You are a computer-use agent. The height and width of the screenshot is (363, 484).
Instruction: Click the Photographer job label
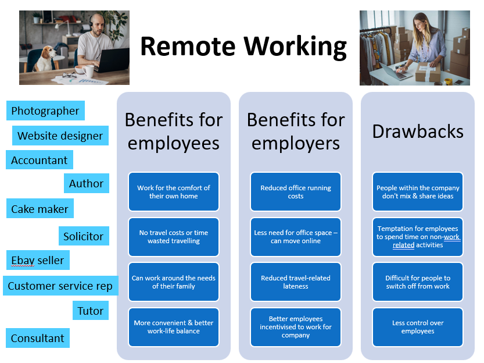45,111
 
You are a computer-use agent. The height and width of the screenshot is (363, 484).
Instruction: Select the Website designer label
60,136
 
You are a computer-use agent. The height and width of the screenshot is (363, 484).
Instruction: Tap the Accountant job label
40,160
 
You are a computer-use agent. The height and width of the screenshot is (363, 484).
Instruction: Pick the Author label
86,183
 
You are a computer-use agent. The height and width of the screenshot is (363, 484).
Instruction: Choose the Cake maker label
40,209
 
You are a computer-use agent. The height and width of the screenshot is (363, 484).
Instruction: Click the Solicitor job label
83,236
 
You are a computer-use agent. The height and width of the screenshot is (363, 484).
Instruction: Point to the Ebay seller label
38,260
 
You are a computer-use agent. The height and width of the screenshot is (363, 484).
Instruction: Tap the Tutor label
90,311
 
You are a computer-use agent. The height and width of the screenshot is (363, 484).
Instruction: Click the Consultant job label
38,338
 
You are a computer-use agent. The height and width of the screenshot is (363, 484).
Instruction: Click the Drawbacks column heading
418,131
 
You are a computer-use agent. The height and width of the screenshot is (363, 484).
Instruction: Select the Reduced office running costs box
296,192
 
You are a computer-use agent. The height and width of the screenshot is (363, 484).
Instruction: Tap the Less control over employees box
418,327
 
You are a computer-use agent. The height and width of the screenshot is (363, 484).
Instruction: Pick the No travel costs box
174,237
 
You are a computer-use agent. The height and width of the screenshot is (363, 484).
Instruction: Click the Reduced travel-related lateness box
296,282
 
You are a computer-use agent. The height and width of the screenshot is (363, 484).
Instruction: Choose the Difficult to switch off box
418,282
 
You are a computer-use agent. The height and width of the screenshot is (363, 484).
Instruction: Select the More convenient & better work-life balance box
174,327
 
